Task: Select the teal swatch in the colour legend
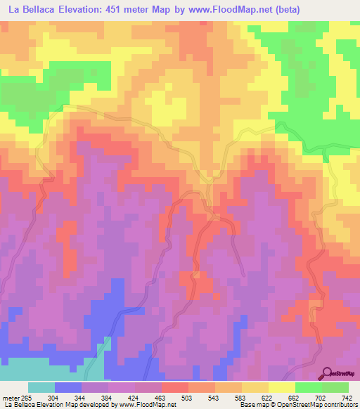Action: [x=41, y=387]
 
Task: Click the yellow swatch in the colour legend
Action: [x=281, y=387]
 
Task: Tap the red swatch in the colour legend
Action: [x=174, y=387]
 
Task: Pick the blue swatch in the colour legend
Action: [x=67, y=387]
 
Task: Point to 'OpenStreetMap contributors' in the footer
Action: [x=319, y=405]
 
